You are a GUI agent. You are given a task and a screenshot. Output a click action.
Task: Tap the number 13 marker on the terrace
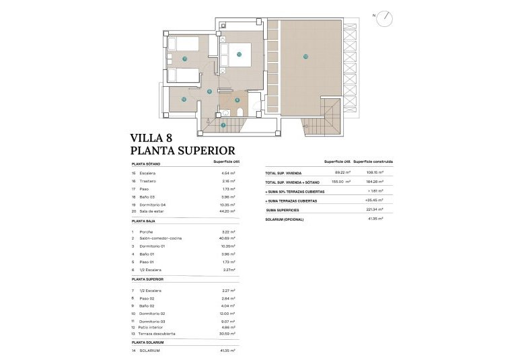click(305, 57)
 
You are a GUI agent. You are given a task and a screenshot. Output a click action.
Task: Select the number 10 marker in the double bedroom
click(239, 55)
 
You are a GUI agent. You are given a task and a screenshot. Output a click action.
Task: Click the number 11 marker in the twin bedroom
click(184, 59)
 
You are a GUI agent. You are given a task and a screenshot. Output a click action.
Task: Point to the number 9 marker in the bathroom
click(237, 100)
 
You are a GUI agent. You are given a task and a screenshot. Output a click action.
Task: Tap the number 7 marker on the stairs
click(223, 125)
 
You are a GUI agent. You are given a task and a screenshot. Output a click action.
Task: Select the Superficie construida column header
click(373, 162)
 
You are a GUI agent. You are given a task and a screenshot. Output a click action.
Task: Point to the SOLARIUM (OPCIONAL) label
click(285, 219)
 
